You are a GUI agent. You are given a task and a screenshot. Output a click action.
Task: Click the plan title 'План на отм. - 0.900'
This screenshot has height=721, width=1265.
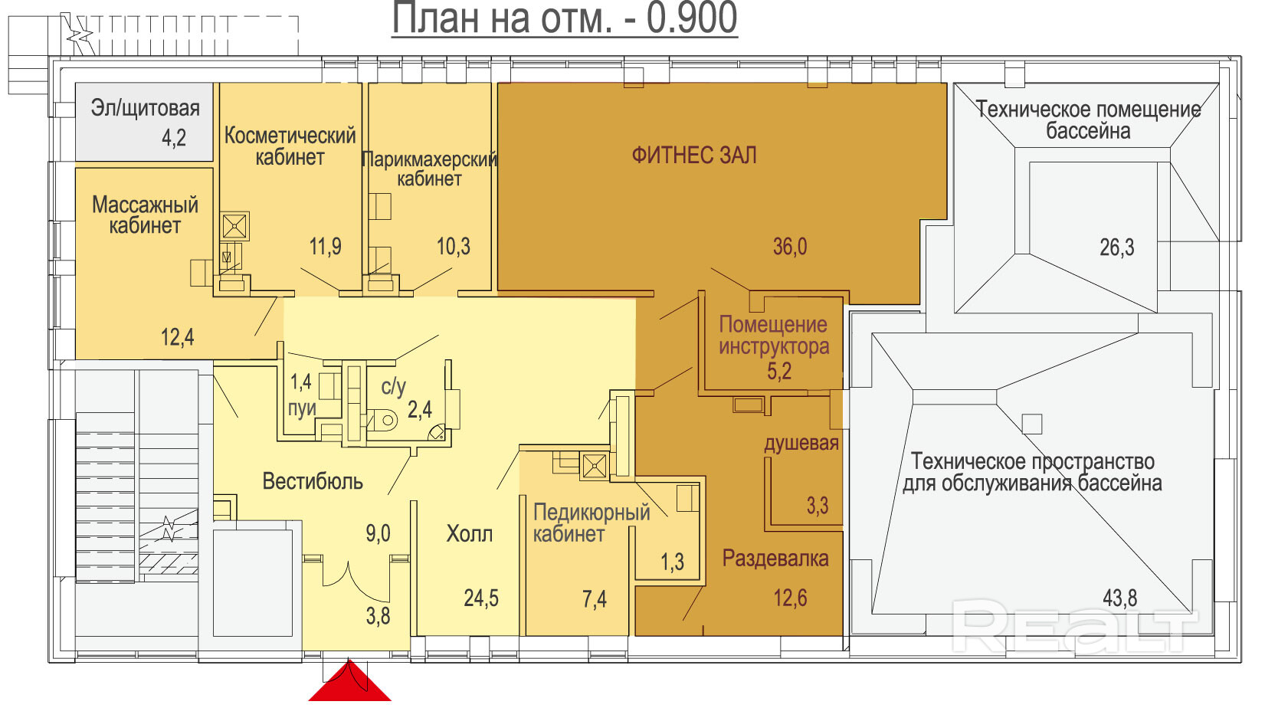(x=565, y=18)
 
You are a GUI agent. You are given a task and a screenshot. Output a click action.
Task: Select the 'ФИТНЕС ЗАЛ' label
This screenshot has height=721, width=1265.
(x=694, y=156)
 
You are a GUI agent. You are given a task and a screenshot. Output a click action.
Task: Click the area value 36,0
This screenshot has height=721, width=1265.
(x=790, y=247)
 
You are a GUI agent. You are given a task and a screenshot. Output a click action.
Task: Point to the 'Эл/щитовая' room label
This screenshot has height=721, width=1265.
(x=145, y=108)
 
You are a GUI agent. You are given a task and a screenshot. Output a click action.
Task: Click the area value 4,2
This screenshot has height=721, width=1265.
(x=174, y=138)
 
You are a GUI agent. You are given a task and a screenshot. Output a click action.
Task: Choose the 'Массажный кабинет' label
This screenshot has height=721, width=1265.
(x=145, y=215)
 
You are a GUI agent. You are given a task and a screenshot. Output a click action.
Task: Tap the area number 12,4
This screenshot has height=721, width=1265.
(x=177, y=337)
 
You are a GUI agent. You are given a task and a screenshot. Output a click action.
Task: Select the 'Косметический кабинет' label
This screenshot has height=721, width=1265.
(x=290, y=146)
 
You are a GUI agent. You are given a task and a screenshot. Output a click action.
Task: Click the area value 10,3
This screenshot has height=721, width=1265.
(x=454, y=246)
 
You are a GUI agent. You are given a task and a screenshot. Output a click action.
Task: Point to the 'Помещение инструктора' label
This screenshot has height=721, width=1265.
(x=775, y=336)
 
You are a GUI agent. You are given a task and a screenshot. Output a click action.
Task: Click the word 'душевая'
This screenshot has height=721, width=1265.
(x=801, y=444)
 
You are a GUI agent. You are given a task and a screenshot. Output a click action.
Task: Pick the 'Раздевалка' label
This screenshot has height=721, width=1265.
(x=775, y=559)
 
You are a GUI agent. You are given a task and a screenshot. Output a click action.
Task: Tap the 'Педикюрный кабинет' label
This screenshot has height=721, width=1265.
(x=592, y=523)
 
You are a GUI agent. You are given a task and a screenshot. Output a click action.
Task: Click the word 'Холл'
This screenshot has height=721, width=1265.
(x=469, y=533)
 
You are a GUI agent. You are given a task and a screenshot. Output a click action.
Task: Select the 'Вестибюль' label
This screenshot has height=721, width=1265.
(x=313, y=482)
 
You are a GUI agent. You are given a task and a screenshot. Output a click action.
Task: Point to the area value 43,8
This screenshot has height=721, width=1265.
(x=1120, y=598)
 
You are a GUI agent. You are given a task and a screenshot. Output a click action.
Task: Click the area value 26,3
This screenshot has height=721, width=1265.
(x=1116, y=247)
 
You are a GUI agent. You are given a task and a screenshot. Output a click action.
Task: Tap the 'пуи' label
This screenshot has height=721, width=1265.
(x=302, y=409)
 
